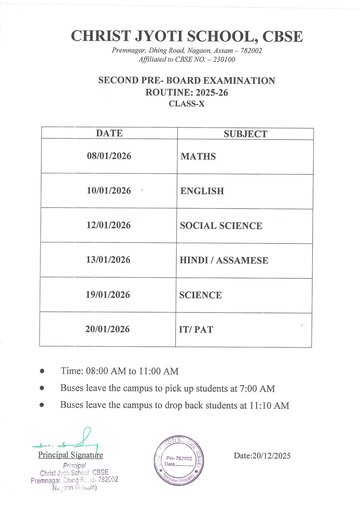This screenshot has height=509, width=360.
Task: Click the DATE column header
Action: pyautogui.click(x=109, y=133)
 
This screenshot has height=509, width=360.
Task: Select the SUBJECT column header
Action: pyautogui.click(x=245, y=134)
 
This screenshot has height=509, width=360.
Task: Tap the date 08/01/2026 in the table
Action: pyautogui.click(x=109, y=156)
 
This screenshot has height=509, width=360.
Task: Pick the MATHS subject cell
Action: pyautogui.click(x=198, y=156)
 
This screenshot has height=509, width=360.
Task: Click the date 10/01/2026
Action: pyautogui.click(x=109, y=191)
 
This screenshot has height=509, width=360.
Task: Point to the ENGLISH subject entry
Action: pyautogui.click(x=202, y=191)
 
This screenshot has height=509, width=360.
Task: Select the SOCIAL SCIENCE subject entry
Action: pyautogui.click(x=221, y=226)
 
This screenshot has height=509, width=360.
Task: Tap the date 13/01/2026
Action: pyautogui.click(x=108, y=260)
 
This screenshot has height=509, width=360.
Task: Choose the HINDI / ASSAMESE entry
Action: pyautogui.click(x=224, y=260)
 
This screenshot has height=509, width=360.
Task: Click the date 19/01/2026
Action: pyautogui.click(x=108, y=295)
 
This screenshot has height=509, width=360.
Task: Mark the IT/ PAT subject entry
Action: pyautogui.click(x=196, y=330)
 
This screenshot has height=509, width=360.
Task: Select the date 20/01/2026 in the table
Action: pyautogui.click(x=108, y=329)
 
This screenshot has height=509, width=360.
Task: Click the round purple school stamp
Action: pyautogui.click(x=179, y=461)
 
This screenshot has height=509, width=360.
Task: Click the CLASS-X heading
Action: pyautogui.click(x=187, y=104)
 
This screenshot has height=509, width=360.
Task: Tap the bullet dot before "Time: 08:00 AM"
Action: pyautogui.click(x=42, y=371)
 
